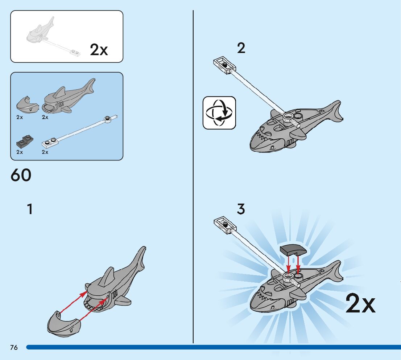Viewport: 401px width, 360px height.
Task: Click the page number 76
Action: (x=14, y=348)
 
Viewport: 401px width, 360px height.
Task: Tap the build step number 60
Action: (x=21, y=176)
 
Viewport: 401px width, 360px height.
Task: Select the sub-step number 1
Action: (x=30, y=209)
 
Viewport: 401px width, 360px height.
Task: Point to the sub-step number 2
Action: (x=241, y=48)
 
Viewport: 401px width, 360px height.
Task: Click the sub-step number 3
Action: (x=241, y=209)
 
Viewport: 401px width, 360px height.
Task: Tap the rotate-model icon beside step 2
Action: (x=219, y=112)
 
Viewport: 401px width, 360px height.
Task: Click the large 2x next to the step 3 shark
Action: (x=360, y=304)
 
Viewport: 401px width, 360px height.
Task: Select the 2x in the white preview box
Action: (x=99, y=50)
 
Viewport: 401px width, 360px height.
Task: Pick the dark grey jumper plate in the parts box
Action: (x=24, y=141)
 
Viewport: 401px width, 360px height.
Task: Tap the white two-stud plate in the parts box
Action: (x=51, y=143)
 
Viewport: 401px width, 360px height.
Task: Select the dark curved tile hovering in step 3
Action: (x=293, y=250)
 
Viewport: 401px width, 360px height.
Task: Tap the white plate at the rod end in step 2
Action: (x=224, y=65)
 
